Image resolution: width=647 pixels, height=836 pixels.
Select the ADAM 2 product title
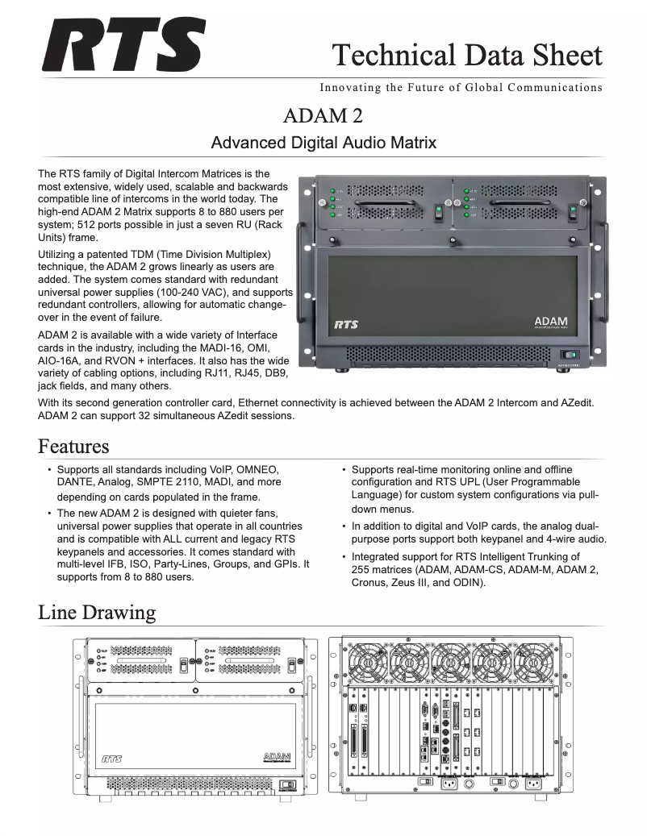(x=323, y=116)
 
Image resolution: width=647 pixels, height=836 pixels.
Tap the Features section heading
(x=73, y=446)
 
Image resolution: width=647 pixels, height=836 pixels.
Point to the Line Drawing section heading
(x=97, y=613)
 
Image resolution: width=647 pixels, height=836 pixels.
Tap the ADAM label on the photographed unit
(x=551, y=322)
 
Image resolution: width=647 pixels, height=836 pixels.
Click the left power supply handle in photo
(x=382, y=202)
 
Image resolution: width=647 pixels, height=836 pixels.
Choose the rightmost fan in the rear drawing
(x=533, y=662)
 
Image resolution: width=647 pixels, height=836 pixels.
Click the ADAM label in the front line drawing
(x=277, y=757)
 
